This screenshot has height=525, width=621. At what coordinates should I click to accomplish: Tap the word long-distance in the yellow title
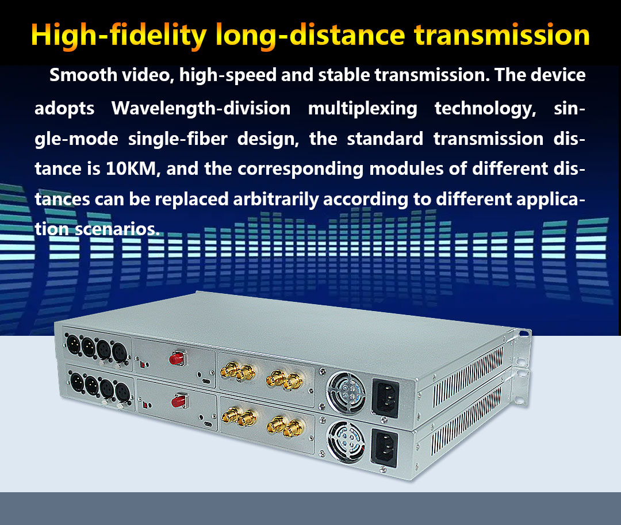[310, 36]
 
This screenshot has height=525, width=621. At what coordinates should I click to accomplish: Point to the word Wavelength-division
[201, 109]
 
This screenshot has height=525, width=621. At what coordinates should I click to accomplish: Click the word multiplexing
[363, 109]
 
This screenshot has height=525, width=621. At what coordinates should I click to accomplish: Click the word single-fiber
[178, 139]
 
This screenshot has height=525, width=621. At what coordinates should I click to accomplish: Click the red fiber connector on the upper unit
[177, 358]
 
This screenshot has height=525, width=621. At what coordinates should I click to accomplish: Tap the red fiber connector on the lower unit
[179, 401]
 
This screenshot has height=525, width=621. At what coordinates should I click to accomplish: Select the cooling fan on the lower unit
[346, 442]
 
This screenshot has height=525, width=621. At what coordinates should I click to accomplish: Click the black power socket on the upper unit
[385, 398]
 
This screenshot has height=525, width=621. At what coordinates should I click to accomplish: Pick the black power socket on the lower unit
[384, 448]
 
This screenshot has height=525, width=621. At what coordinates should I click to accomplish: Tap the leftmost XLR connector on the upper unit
[73, 344]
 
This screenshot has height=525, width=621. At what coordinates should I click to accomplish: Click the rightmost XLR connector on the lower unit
[122, 392]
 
